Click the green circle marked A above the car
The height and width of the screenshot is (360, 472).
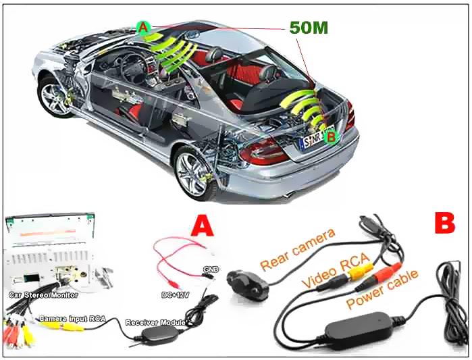142,28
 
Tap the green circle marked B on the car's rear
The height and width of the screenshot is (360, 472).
331,137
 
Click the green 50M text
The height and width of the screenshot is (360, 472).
310,28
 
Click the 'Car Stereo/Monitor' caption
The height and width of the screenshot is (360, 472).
44,294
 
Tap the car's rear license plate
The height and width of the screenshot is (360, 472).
313,142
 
